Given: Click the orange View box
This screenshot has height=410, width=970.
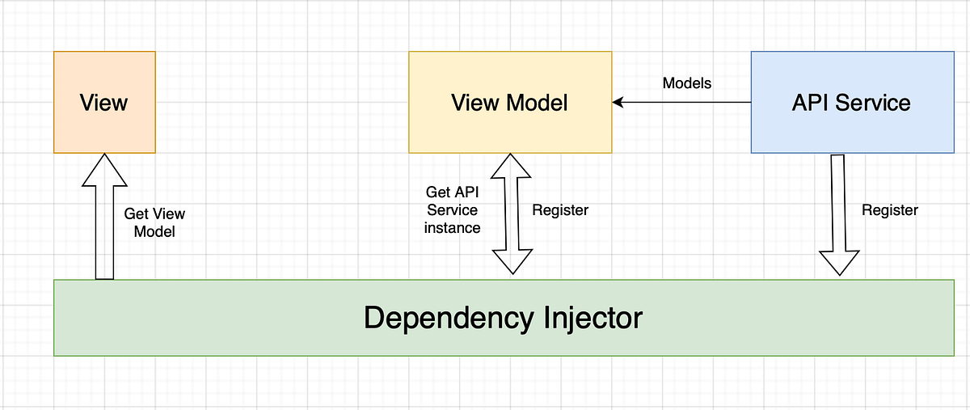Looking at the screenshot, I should click(x=104, y=102).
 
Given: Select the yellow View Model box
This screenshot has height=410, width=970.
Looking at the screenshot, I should click(x=509, y=103).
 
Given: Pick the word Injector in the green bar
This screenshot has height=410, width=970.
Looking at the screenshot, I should click(x=589, y=318).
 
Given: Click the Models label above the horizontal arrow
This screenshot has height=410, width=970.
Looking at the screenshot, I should click(x=687, y=82).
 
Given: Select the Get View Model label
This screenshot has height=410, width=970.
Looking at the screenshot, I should click(x=154, y=222).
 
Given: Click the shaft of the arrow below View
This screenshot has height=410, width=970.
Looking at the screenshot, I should click(x=104, y=235).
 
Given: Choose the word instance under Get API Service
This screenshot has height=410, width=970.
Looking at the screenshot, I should click(x=453, y=228).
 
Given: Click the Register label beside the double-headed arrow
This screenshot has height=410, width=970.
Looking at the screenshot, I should click(x=560, y=210).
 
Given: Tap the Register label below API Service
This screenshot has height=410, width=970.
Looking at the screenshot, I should click(x=890, y=210).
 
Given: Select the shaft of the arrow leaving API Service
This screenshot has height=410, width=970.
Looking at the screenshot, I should click(x=838, y=202).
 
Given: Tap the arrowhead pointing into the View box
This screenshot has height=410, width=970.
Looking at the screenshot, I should click(x=104, y=170).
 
